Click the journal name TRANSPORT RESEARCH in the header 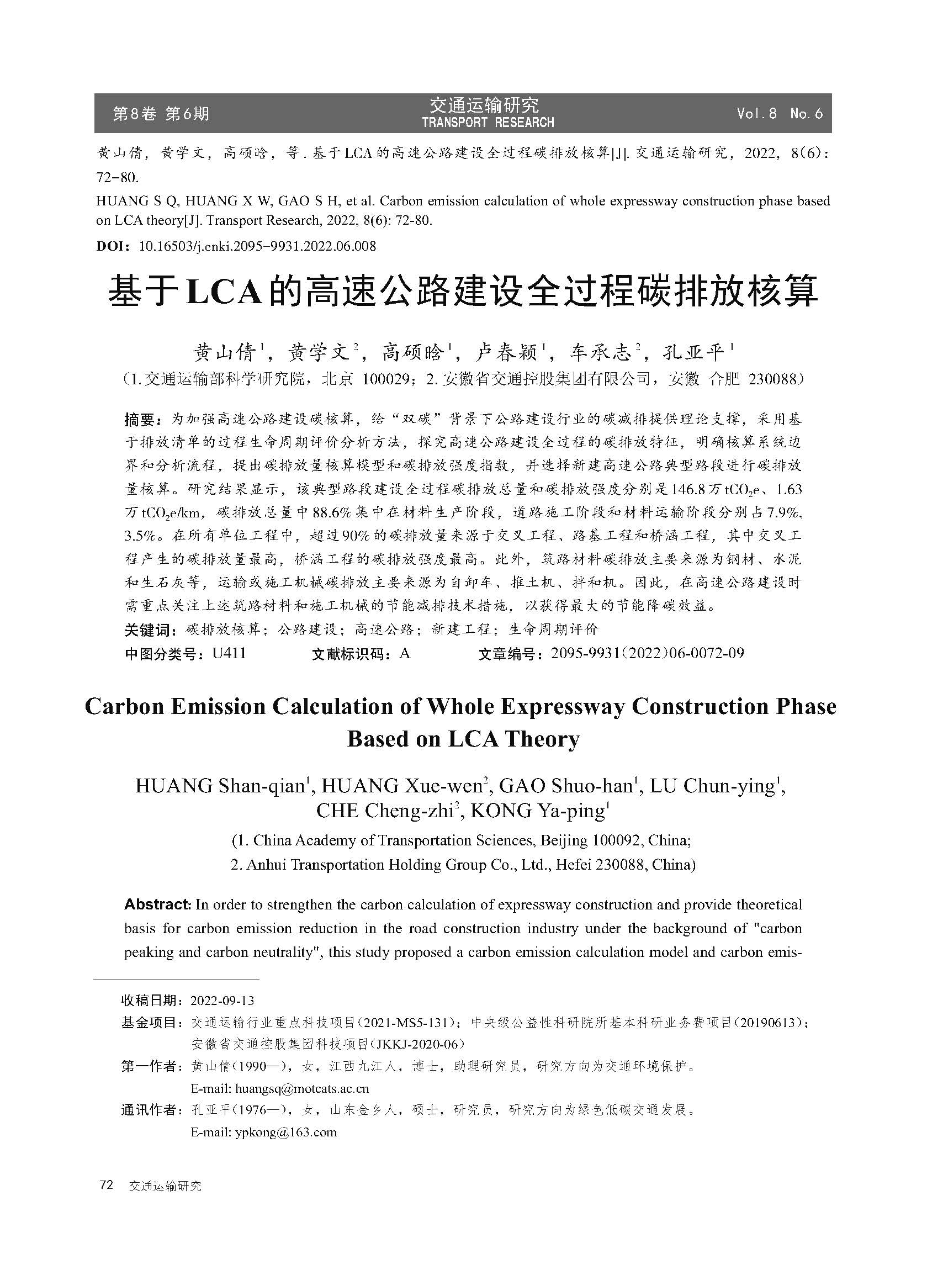click(x=488, y=122)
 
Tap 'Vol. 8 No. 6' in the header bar click(x=779, y=114)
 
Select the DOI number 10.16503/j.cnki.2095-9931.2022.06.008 click(x=257, y=246)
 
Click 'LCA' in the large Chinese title click(x=224, y=291)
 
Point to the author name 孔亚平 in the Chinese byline click(x=692, y=353)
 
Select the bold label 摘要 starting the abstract click(x=139, y=420)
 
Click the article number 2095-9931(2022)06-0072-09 click(x=647, y=654)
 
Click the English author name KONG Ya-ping click(x=538, y=811)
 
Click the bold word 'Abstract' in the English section click(x=157, y=904)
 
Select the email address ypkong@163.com click(x=285, y=1132)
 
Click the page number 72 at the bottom click(x=107, y=1185)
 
